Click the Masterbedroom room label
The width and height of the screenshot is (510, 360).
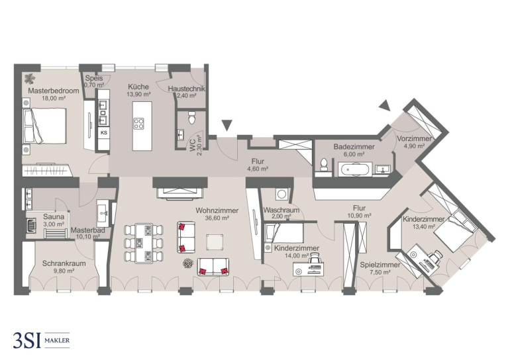pyautogui.click(x=54, y=91)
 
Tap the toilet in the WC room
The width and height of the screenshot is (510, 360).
pyautogui.click(x=192, y=118)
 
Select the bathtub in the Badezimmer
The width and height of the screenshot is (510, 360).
pyautogui.click(x=355, y=169)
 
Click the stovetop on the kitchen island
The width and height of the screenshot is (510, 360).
pyautogui.click(x=139, y=124)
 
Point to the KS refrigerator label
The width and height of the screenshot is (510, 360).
pyautogui.click(x=104, y=132)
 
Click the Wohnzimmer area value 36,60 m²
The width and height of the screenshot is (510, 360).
pyautogui.click(x=217, y=218)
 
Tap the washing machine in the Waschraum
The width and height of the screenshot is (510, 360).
pyautogui.click(x=281, y=195)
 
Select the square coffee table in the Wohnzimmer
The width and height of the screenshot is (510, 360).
pyautogui.click(x=215, y=242)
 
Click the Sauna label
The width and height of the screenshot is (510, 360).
pyautogui.click(x=54, y=216)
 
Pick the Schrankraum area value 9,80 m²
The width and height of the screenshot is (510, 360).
pyautogui.click(x=64, y=271)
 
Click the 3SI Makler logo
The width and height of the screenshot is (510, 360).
pyautogui.click(x=41, y=340)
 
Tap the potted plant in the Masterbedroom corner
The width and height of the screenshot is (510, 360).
pyautogui.click(x=30, y=79)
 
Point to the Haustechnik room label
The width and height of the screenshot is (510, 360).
pyautogui.click(x=186, y=89)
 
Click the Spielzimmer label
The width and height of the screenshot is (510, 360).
pyautogui.click(x=380, y=265)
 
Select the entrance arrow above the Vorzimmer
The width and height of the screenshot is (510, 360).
pyautogui.click(x=385, y=106)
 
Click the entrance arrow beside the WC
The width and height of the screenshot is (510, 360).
pyautogui.click(x=227, y=125)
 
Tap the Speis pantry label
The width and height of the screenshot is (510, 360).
pyautogui.click(x=94, y=78)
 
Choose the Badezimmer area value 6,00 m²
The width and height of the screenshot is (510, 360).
pyautogui.click(x=354, y=154)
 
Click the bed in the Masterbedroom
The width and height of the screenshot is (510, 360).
pyautogui.click(x=44, y=126)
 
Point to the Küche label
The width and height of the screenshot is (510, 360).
pyautogui.click(x=138, y=87)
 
